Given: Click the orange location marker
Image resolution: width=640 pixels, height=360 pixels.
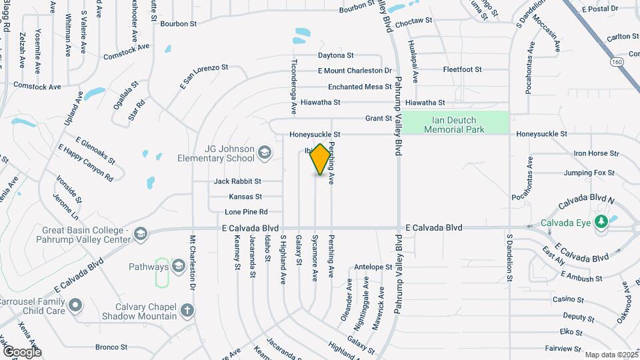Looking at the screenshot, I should [321, 159].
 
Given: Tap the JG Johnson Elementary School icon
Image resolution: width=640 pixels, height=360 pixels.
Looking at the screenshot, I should [264, 153].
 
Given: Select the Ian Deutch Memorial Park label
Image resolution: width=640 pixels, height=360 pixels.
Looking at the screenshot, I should [455, 125].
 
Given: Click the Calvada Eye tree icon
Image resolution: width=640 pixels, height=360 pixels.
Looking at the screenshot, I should [601, 223].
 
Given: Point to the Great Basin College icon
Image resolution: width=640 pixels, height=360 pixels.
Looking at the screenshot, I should [140, 233].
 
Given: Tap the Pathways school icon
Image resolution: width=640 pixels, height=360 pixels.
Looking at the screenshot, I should [178, 267].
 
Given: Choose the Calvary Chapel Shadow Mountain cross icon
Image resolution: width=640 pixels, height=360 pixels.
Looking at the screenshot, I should [188, 310].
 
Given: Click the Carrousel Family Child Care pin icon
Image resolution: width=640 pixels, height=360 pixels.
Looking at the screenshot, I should [75, 305].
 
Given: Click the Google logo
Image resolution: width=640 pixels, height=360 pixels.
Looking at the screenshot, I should [22, 351].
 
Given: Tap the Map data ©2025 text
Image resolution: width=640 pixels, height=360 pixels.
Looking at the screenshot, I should [611, 355].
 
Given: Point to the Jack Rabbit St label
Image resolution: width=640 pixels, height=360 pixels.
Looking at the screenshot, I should [237, 181].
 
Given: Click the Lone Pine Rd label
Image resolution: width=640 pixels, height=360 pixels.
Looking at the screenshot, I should [246, 212].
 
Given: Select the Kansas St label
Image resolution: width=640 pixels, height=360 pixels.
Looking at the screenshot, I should [245, 197].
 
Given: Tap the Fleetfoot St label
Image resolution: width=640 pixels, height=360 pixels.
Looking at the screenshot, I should [462, 69].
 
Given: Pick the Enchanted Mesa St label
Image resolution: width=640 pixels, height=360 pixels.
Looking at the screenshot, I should [359, 87].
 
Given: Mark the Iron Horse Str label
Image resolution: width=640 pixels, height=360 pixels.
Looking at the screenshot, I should [596, 153].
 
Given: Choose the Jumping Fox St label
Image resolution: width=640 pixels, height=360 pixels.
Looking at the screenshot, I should [589, 173].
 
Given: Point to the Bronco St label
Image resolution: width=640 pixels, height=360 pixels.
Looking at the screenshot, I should [111, 347].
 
